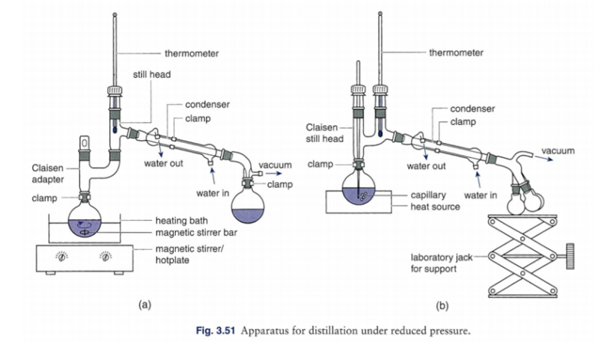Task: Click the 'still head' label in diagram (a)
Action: coord(152,74)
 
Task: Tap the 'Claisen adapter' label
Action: coord(48,174)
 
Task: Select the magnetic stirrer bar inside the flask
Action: coord(84,233)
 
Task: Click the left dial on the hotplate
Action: coord(62,257)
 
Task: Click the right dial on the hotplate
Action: coord(106,257)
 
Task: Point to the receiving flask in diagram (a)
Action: coord(248,207)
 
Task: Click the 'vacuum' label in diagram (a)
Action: coord(275,165)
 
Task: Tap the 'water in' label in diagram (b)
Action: coord(481,195)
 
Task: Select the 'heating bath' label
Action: coord(181,221)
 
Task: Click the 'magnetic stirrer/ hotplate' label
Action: coord(189,254)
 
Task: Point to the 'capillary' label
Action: coord(428,195)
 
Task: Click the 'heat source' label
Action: coord(435,207)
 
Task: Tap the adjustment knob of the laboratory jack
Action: coord(571,256)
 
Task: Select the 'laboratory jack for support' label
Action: coord(442,263)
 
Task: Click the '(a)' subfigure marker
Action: coord(145,305)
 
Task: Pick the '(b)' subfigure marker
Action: coord(442,306)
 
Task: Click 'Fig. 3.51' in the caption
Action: coord(215,331)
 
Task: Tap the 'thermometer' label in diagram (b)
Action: coord(456,52)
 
